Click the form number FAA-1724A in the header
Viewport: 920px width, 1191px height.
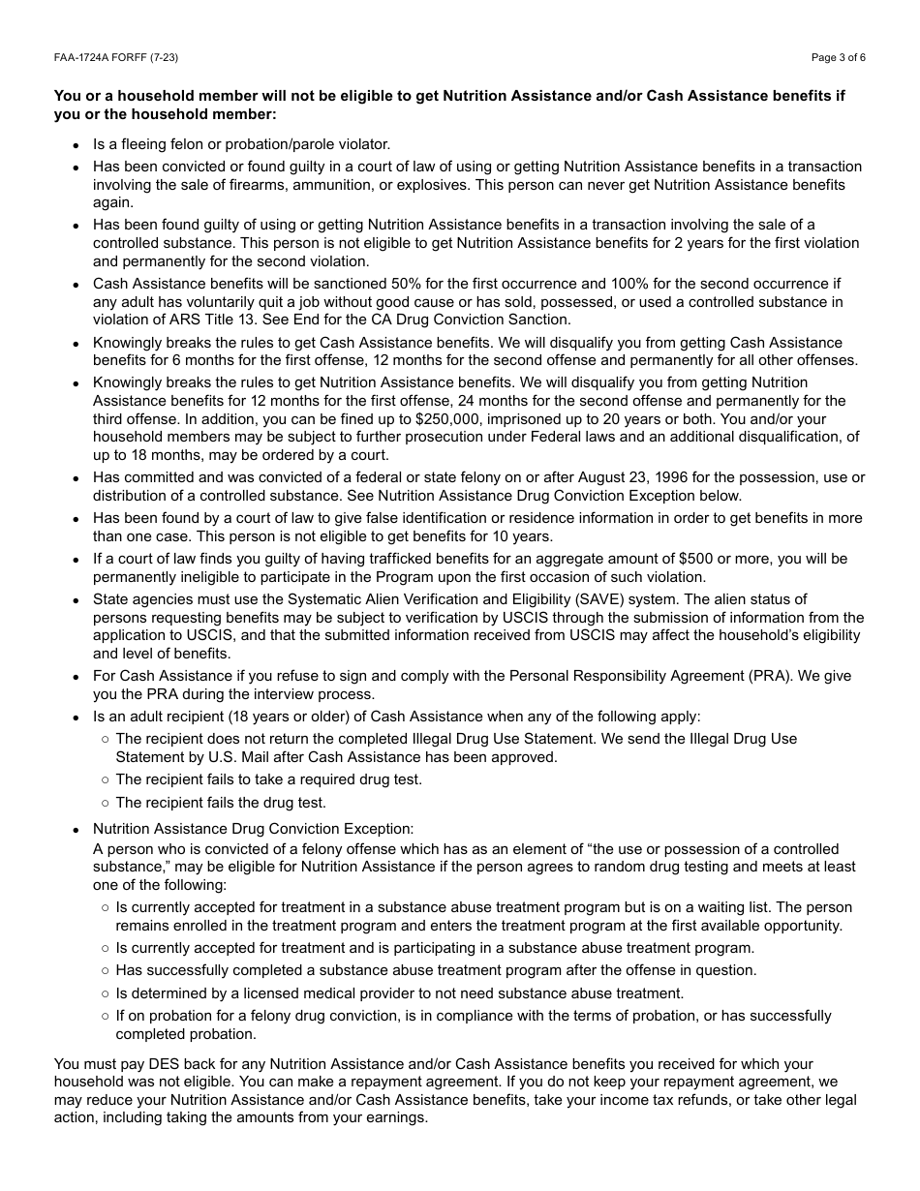tap(82, 57)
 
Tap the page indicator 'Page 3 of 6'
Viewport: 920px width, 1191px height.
tap(838, 57)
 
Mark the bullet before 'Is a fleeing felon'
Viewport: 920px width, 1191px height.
tap(77, 145)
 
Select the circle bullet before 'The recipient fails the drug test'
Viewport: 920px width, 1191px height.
tap(105, 803)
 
